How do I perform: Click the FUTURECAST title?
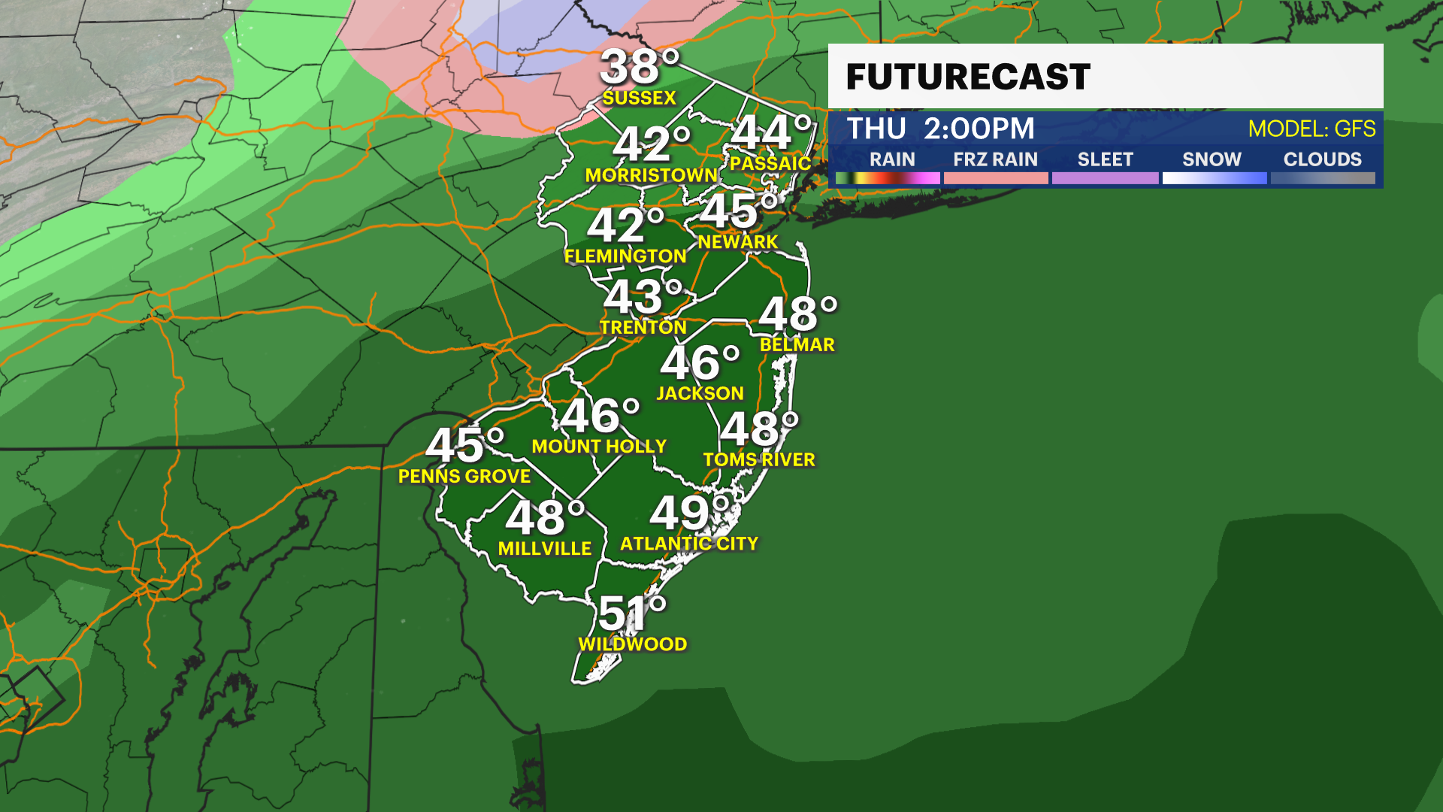[968, 77]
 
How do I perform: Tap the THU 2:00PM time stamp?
[941, 129]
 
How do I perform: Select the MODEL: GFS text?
[1311, 129]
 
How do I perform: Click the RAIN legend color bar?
[888, 178]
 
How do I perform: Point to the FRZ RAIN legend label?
[995, 159]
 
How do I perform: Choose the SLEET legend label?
[1105, 159]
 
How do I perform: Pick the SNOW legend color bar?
[1214, 178]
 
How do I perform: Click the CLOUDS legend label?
[1322, 159]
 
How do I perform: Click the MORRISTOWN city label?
[651, 175]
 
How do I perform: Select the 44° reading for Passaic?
[771, 132]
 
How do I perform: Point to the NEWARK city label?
[737, 242]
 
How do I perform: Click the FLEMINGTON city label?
[625, 256]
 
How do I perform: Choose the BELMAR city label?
[797, 345]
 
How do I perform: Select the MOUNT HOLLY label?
[599, 447]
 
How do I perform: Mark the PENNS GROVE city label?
[464, 477]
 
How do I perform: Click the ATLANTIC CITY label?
[688, 544]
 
